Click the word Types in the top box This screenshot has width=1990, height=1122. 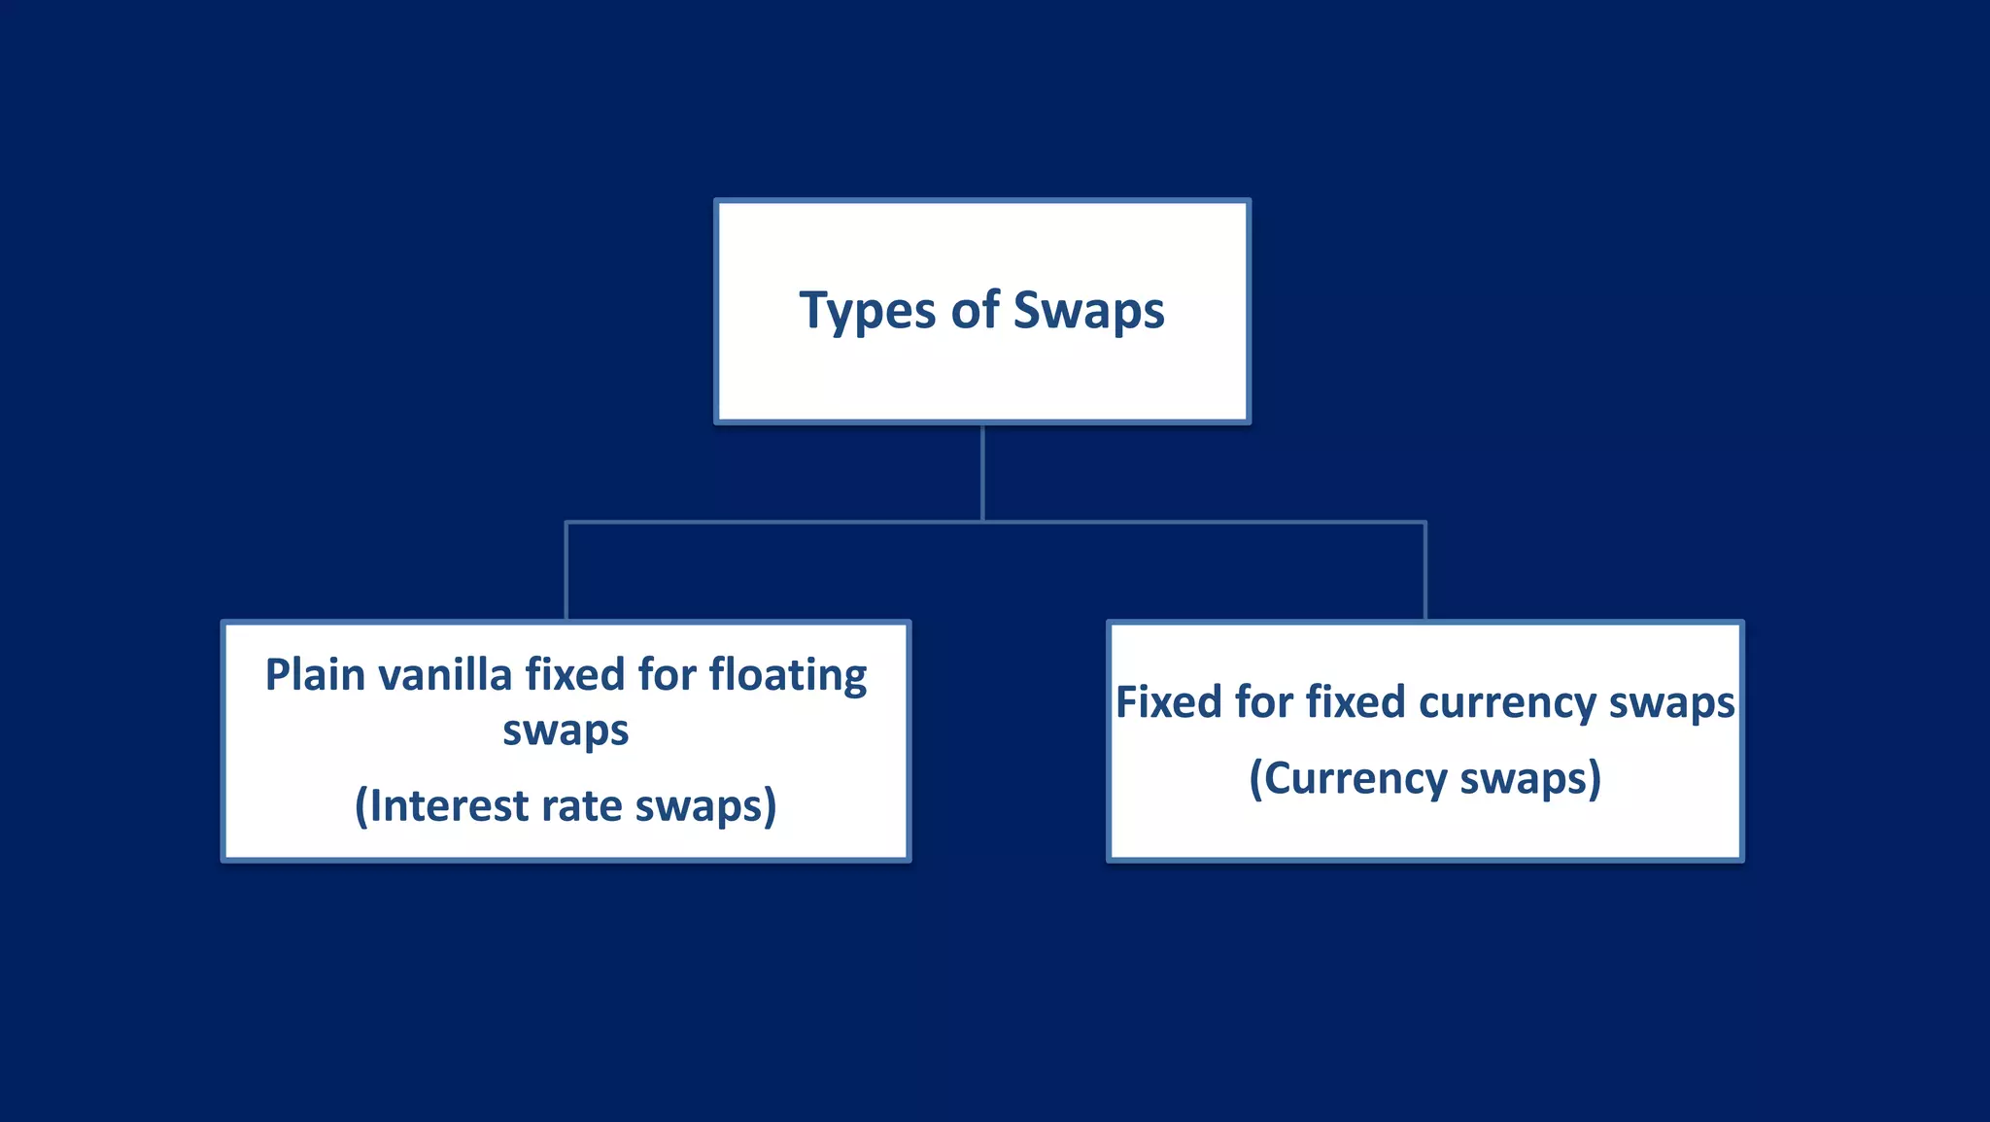click(867, 312)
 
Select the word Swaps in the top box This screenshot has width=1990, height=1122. click(1088, 312)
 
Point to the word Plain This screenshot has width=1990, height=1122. click(314, 674)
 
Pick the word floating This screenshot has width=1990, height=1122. click(787, 676)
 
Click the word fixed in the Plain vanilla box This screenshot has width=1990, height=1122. click(574, 674)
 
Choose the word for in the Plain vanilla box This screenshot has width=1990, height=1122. click(667, 674)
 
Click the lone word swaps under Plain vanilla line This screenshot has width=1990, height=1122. click(566, 731)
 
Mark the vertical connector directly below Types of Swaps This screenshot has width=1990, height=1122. click(982, 472)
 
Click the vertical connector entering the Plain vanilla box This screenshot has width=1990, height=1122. click(566, 571)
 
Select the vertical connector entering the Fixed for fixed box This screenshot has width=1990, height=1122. click(1424, 571)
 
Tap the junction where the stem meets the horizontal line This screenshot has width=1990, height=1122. click(982, 522)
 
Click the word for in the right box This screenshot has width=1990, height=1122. click(1263, 701)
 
